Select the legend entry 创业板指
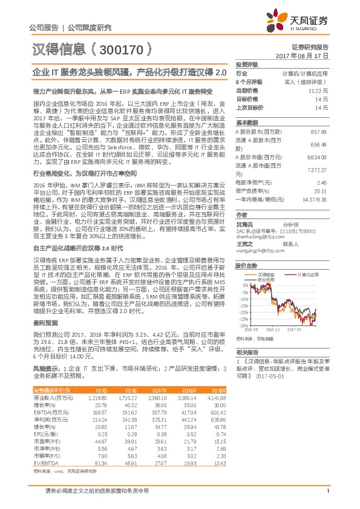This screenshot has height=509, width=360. tap(266, 280)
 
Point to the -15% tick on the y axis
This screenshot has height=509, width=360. tap(244, 307)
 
